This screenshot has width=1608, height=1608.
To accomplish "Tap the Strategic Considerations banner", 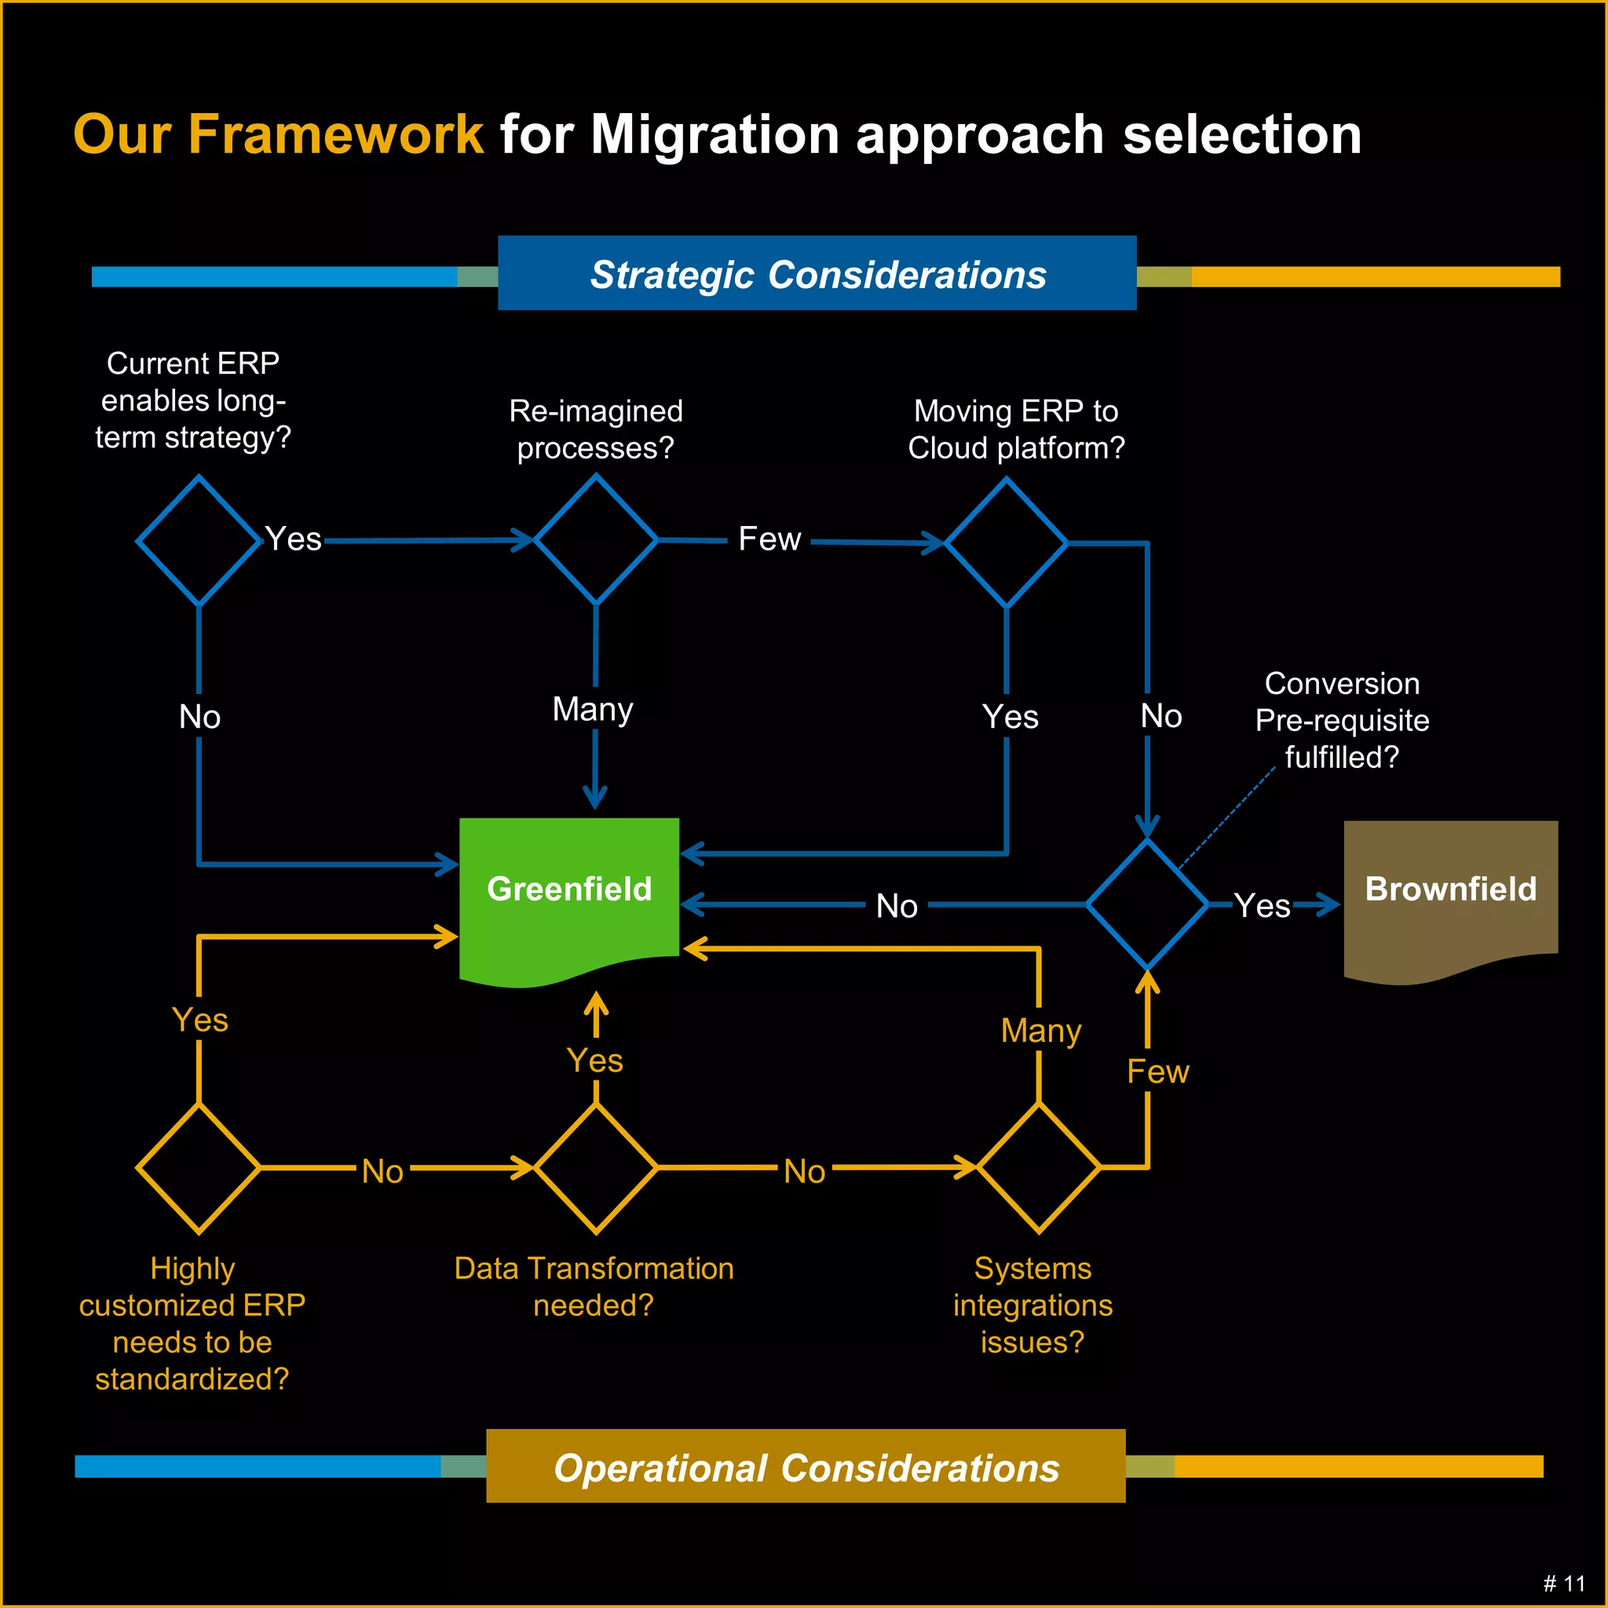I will pyautogui.click(x=817, y=274).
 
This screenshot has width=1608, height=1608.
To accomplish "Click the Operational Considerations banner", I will pyautogui.click(x=806, y=1467).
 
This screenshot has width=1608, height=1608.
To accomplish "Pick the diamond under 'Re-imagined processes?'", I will pyautogui.click(x=596, y=539).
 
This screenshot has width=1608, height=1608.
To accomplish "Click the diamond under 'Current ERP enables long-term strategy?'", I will pyautogui.click(x=198, y=540).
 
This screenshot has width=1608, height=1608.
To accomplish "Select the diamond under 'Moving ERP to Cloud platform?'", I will pyautogui.click(x=1007, y=543).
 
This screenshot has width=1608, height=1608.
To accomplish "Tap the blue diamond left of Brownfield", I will pyautogui.click(x=1147, y=904).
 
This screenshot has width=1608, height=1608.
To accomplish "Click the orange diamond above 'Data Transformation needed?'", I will pyautogui.click(x=596, y=1168).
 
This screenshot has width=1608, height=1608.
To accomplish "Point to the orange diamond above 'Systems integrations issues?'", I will pyautogui.click(x=1039, y=1168).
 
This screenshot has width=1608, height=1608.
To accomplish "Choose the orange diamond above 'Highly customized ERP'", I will pyautogui.click(x=198, y=1168).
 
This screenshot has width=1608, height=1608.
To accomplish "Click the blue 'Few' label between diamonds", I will pyautogui.click(x=769, y=539).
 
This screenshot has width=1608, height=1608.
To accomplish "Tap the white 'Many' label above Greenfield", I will pyautogui.click(x=593, y=709).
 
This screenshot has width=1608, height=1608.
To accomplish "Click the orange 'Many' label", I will pyautogui.click(x=1040, y=1030).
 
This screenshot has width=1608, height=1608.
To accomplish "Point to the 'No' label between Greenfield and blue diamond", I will pyautogui.click(x=897, y=905).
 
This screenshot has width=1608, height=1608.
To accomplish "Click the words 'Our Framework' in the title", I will pyautogui.click(x=278, y=134).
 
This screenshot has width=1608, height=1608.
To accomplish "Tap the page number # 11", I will pyautogui.click(x=1564, y=1583).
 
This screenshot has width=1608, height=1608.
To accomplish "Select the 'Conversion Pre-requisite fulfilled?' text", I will pyautogui.click(x=1342, y=720).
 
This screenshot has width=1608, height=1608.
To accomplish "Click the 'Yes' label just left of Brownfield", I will pyautogui.click(x=1262, y=905).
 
